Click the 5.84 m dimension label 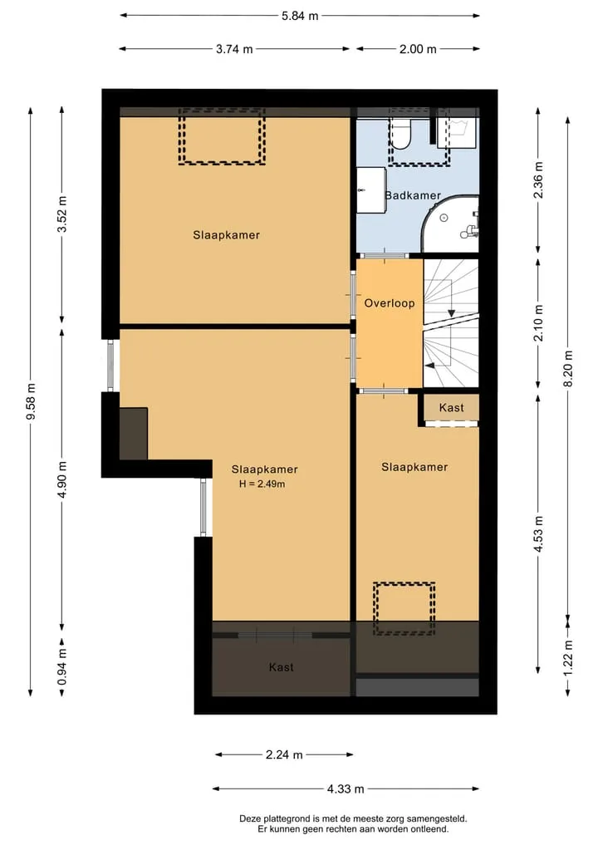[x=300, y=16]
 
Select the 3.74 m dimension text [x=234, y=49]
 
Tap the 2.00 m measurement [x=418, y=49]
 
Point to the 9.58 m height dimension [x=31, y=401]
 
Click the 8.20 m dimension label [x=568, y=368]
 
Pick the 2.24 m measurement [x=284, y=754]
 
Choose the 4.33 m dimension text [x=346, y=789]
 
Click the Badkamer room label [x=414, y=195]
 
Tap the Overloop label [x=390, y=303]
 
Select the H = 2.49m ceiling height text [x=262, y=484]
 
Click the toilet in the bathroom [x=401, y=135]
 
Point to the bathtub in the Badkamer [x=449, y=224]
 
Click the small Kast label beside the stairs [x=452, y=407]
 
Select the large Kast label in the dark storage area [x=282, y=667]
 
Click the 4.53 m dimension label [x=539, y=533]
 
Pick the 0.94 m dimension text [x=62, y=666]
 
